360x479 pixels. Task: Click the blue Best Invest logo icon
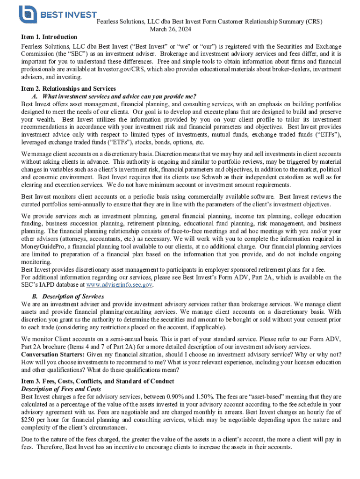pyautogui.click(x=28, y=14)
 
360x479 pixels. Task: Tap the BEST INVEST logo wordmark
pyautogui.click(x=68, y=15)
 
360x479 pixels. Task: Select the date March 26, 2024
pyautogui.click(x=171, y=29)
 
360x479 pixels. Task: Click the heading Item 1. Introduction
pyautogui.click(x=49, y=37)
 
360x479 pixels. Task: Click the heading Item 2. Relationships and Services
pyautogui.click(x=68, y=89)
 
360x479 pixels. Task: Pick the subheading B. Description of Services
pyautogui.click(x=68, y=297)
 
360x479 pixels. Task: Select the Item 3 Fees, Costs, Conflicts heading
pyautogui.click(x=98, y=381)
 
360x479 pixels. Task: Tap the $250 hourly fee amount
pyautogui.click(x=29, y=420)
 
